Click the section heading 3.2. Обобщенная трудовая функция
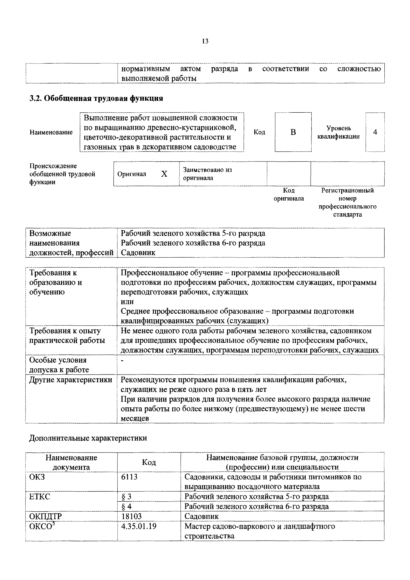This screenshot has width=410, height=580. (x=96, y=98)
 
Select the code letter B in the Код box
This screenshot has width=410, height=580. (x=293, y=132)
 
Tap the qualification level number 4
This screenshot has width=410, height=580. (x=375, y=132)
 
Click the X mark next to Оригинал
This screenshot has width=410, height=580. (x=164, y=174)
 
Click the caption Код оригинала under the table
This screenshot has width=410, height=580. (x=289, y=194)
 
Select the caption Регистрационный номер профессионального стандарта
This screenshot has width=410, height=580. (x=347, y=202)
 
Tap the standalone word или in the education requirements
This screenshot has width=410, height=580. (x=127, y=302)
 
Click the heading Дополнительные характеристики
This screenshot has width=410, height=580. (x=88, y=438)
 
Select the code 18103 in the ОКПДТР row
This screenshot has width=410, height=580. (x=131, y=516)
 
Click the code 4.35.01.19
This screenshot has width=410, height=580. (x=139, y=526)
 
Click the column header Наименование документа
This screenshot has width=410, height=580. (x=71, y=462)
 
